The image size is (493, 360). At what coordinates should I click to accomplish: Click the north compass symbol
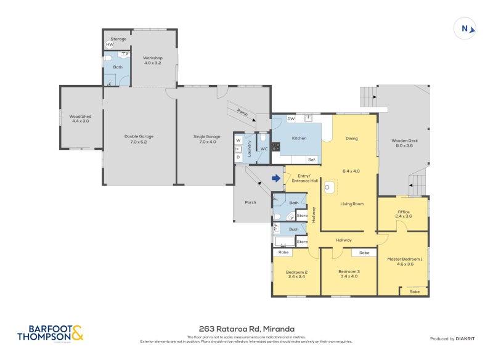point(465,28)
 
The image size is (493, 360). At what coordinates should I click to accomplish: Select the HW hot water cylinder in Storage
point(110,44)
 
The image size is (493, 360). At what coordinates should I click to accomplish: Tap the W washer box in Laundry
point(238,141)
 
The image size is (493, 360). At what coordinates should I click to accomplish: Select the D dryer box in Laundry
point(238,157)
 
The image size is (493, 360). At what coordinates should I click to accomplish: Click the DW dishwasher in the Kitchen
point(291,119)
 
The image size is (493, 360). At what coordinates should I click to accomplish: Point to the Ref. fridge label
point(312,160)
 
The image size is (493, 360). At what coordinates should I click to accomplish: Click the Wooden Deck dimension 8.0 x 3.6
point(404,146)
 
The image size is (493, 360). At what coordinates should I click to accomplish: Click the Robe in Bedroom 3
point(364,253)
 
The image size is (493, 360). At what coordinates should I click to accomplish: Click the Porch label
point(250,202)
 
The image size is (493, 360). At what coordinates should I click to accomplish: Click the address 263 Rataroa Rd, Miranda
point(246,329)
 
